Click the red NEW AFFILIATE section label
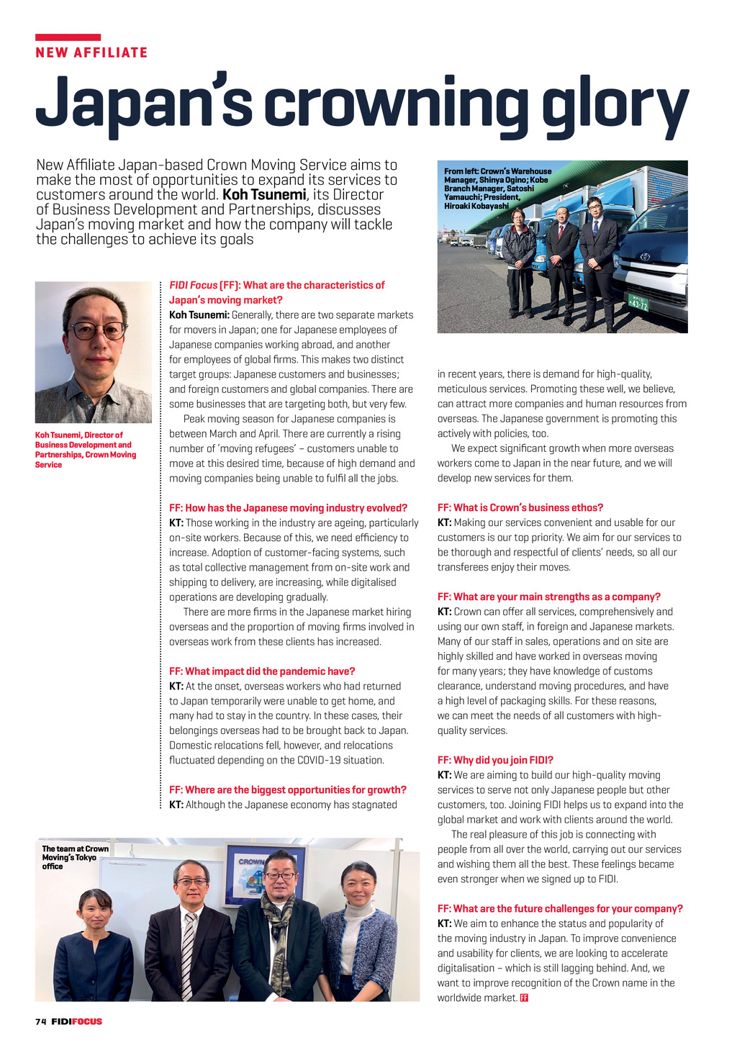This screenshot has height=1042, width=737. coord(91,53)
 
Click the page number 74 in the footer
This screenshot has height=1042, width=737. coord(40,1021)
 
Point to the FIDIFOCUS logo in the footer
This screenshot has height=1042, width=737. coord(76,1021)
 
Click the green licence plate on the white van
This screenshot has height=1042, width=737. coord(638,302)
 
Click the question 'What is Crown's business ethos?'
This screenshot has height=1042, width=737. coord(520,507)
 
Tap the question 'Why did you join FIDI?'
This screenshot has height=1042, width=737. coord(495,760)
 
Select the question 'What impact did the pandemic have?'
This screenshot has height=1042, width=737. coord(262,671)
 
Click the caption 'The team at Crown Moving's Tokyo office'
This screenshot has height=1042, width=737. coord(75,857)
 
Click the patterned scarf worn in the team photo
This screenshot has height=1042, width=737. coord(277,935)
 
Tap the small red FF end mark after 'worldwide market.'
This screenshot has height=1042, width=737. coord(524,998)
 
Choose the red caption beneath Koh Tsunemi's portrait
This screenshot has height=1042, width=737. coord(86,450)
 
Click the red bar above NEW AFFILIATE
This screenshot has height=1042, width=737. coord(68,37)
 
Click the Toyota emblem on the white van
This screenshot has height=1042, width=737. coord(644,256)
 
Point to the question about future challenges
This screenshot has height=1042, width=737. coord(560,908)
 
